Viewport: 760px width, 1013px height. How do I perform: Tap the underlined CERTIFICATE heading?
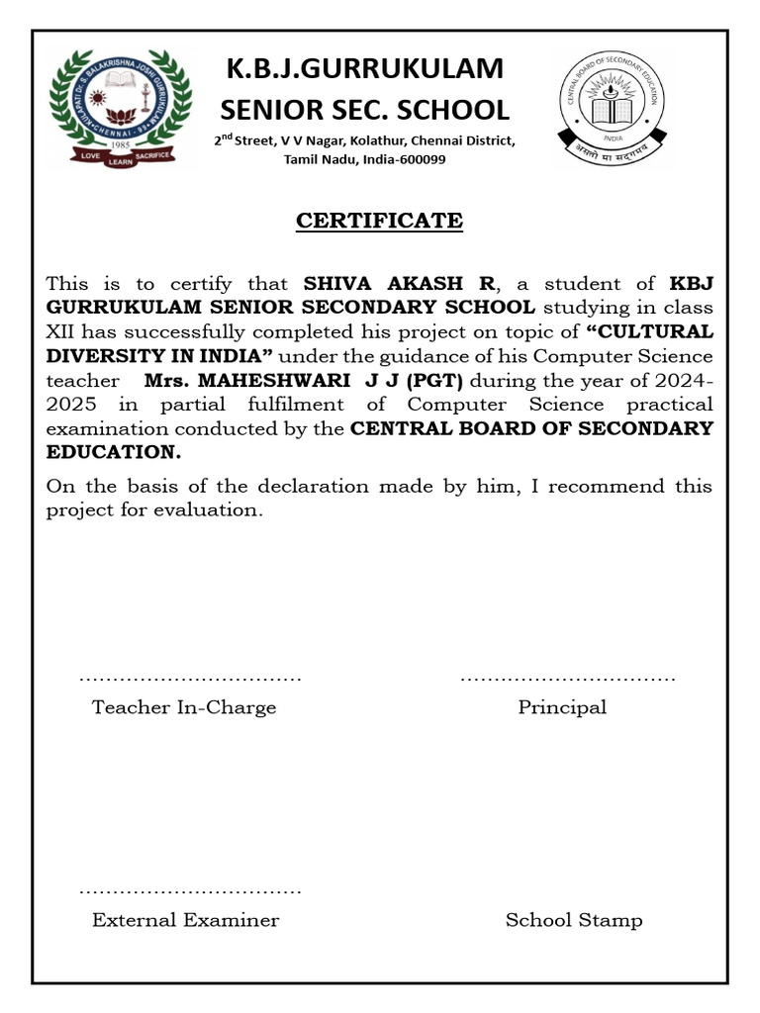coord(380,221)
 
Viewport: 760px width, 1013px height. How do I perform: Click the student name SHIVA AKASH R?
coord(399,284)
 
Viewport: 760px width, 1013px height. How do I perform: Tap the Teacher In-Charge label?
coord(184,707)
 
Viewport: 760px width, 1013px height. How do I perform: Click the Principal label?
coord(562,707)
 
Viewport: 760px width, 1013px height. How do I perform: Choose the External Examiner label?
coord(186,920)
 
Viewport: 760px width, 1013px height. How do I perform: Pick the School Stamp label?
coord(574,920)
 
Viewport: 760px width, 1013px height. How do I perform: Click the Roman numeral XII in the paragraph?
coord(60,332)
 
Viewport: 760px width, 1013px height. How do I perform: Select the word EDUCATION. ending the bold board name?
coord(114,451)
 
